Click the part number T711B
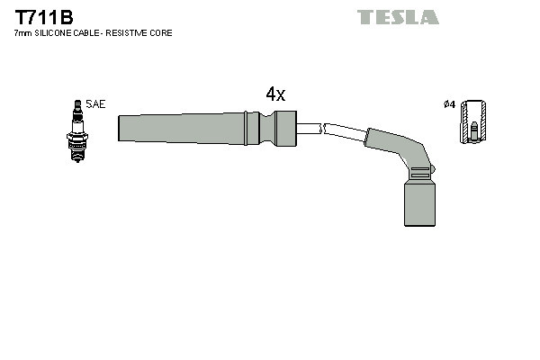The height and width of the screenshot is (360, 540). click(x=43, y=16)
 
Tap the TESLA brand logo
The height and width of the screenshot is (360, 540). click(x=398, y=17)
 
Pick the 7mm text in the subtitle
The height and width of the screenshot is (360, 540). click(x=22, y=33)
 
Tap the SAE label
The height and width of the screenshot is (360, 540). click(x=95, y=104)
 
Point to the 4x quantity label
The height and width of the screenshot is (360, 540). click(x=274, y=94)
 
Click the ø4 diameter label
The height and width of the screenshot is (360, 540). click(x=449, y=104)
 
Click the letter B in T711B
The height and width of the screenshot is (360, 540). click(x=66, y=16)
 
